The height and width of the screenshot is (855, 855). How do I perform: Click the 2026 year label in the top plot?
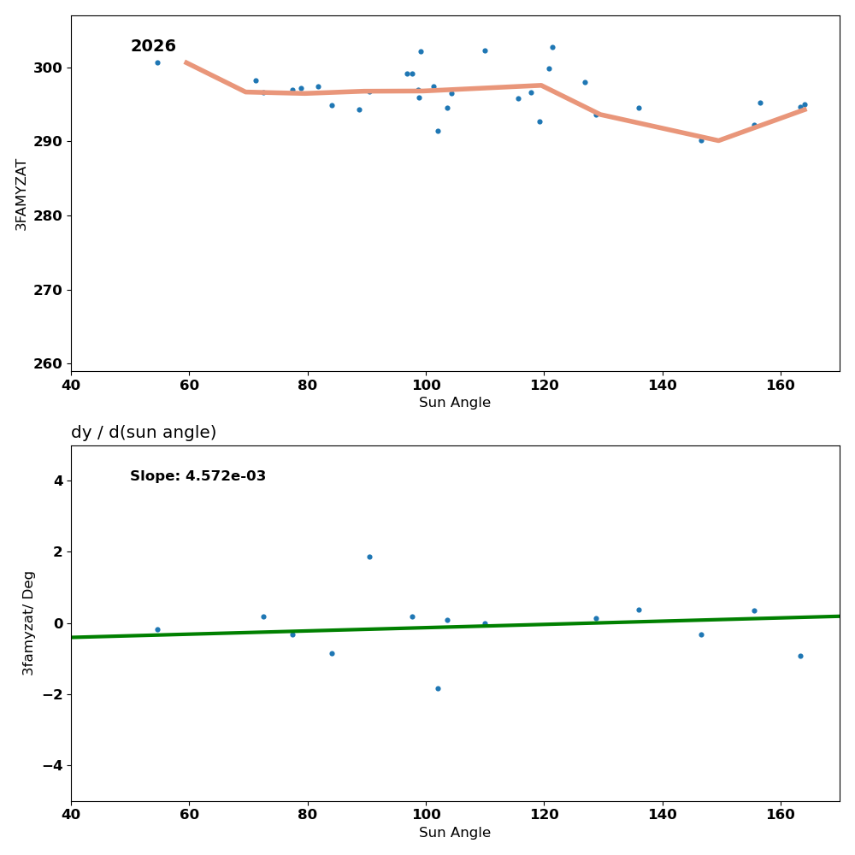point(153,46)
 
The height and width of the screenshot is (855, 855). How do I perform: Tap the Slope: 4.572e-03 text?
point(198,476)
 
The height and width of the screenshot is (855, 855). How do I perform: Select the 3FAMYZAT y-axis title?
point(21,194)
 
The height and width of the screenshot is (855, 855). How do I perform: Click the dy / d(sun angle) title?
point(144,433)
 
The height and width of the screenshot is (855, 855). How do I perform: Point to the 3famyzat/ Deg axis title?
point(28,622)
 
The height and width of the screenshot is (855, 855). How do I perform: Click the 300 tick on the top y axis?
point(47,68)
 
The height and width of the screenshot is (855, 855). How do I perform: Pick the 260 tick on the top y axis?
point(47,364)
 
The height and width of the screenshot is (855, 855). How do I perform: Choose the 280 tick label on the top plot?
point(47,216)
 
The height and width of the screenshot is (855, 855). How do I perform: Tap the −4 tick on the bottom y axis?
point(52,766)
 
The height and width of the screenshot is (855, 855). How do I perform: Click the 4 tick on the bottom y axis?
point(58,481)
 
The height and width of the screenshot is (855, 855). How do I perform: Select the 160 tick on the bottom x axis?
point(781,815)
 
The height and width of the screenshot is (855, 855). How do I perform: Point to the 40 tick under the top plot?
point(71,385)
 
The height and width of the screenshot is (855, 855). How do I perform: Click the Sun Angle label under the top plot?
point(455,403)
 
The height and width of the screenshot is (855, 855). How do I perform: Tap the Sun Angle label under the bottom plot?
point(455,833)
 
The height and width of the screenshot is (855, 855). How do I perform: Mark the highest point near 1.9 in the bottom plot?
point(369,557)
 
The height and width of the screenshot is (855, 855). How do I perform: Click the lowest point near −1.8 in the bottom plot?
point(438,688)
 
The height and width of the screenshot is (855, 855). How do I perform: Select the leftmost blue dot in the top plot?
point(157,62)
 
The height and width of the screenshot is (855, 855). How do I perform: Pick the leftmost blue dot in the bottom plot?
point(157,629)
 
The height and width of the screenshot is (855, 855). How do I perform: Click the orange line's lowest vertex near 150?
point(718,140)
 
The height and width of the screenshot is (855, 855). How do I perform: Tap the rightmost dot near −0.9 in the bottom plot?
point(800,656)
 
